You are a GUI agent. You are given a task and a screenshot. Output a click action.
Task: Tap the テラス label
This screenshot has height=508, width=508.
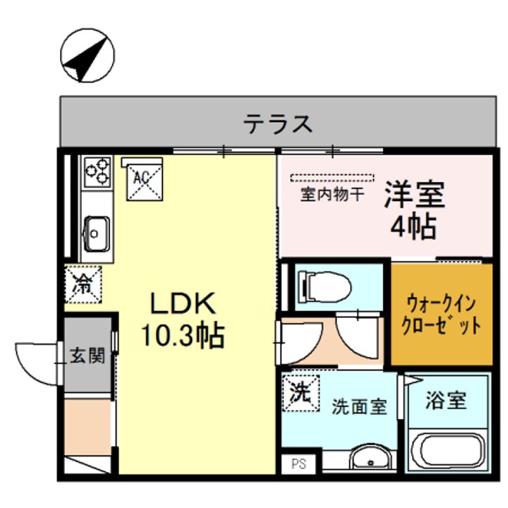[x=278, y=124]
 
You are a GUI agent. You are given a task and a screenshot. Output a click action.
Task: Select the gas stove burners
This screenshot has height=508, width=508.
[x=98, y=171]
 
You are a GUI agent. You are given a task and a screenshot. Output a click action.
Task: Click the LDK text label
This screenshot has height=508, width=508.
[x=181, y=304]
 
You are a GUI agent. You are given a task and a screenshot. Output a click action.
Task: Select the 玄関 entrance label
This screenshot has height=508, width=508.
[x=87, y=355]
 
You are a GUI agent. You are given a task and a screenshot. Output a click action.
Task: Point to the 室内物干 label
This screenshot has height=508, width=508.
[x=332, y=194]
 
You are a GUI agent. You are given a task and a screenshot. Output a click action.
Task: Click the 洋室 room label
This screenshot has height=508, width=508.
[x=414, y=195]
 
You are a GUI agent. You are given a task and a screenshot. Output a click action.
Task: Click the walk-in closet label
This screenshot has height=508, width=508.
[x=441, y=315]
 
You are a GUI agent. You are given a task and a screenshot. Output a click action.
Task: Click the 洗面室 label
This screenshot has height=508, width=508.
[x=360, y=406]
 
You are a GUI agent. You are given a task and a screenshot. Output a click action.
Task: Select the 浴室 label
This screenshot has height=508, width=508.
[x=446, y=401]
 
